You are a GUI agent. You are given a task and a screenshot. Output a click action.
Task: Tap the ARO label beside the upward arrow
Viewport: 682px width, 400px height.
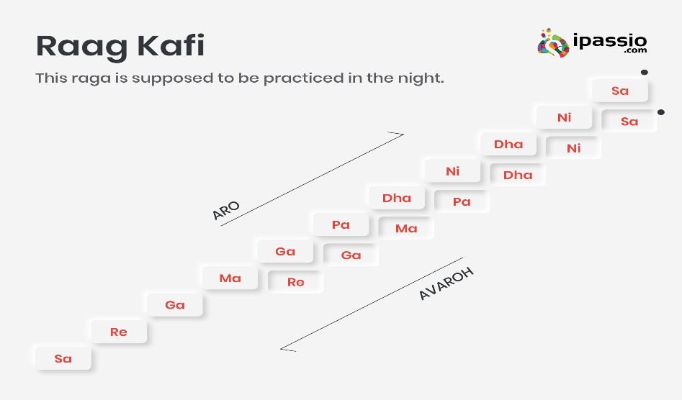(226, 210)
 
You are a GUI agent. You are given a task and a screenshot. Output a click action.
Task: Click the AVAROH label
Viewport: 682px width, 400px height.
(445, 284)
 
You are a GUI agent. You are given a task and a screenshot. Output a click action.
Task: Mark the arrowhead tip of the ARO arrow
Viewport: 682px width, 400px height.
(403, 134)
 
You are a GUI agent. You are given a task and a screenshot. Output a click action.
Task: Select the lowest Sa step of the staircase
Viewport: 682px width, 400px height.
(63, 358)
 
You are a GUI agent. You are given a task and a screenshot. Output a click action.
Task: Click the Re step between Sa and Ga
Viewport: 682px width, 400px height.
(119, 332)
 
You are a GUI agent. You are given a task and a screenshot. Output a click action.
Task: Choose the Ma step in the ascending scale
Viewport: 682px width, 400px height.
(230, 278)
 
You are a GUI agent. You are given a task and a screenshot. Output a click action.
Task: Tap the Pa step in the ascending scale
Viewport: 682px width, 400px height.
(341, 224)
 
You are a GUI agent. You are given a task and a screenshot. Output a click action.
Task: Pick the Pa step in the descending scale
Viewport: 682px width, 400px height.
(462, 201)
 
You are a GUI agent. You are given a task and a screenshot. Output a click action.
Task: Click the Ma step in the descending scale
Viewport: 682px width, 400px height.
(406, 228)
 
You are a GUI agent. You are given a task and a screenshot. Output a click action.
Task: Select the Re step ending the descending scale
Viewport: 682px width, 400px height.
(295, 282)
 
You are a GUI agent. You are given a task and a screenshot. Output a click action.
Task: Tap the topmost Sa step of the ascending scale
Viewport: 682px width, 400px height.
(619, 91)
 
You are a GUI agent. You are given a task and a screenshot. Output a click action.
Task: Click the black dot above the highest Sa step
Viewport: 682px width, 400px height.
(644, 72)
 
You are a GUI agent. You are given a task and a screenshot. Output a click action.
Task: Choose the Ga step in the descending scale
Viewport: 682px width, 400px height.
(351, 255)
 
